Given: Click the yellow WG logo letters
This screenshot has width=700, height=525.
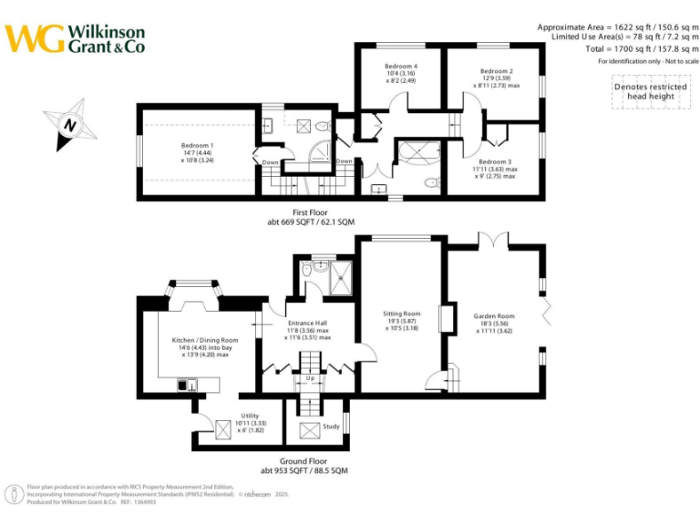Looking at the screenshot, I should [x=35, y=37].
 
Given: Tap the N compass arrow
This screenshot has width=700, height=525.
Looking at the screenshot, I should [x=70, y=124].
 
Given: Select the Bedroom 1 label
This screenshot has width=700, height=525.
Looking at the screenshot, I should [x=197, y=146].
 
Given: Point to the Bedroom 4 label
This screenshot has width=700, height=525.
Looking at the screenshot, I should [x=401, y=67].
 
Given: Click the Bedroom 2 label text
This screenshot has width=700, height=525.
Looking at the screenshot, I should [x=497, y=71].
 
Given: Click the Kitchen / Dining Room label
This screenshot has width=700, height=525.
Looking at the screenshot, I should [x=205, y=340].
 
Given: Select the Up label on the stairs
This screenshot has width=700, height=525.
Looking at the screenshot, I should [x=309, y=377].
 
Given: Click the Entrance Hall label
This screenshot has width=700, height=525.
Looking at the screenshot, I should [x=309, y=323].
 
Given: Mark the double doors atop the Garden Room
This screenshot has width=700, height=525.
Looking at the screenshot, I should [x=493, y=239].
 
